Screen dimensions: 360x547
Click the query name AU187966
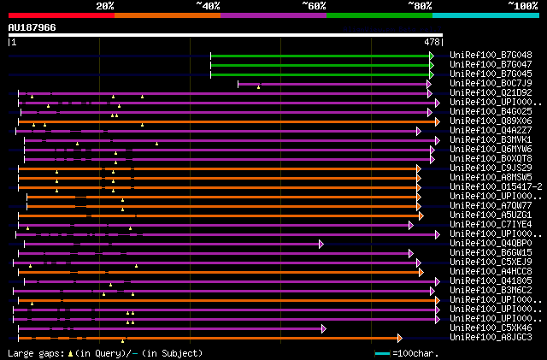[x=32, y=27]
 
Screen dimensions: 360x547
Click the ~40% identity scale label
[x=207, y=5]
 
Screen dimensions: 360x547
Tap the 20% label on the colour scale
[x=104, y=5]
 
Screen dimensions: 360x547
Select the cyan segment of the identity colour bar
[x=485, y=15]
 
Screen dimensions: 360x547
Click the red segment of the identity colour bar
[x=61, y=15]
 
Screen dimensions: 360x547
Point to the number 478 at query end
[x=432, y=41]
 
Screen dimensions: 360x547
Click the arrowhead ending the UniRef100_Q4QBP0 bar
[x=322, y=244]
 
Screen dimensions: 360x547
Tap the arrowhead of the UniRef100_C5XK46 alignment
[x=323, y=328]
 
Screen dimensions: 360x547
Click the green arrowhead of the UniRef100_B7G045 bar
[x=432, y=74]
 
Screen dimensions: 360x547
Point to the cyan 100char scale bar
[x=382, y=353]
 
